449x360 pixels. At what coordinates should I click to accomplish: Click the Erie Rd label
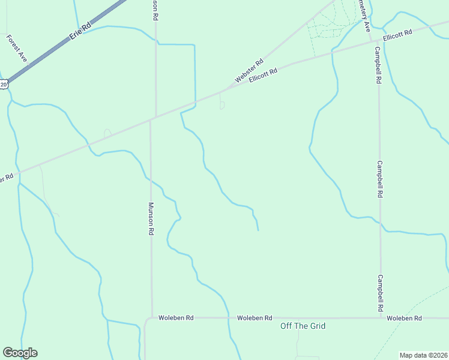tap(79, 31)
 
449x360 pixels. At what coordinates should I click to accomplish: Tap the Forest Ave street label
tap(17, 48)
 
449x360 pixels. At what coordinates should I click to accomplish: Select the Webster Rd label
tap(249, 71)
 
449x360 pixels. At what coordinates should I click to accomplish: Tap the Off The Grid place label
tap(303, 326)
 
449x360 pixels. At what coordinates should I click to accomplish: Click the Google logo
tap(20, 353)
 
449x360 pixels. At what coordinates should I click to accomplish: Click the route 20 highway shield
tap(4, 85)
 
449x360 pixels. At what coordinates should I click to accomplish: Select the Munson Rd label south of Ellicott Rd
tap(151, 218)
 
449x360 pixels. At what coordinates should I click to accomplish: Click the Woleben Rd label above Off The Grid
tap(255, 317)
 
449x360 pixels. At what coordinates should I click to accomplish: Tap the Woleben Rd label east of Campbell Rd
tap(404, 317)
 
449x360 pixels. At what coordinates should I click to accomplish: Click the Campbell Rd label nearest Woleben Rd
tap(380, 293)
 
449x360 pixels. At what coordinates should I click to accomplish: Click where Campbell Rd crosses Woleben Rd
tap(381, 317)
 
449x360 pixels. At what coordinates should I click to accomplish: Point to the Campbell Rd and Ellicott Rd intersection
tap(376, 41)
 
